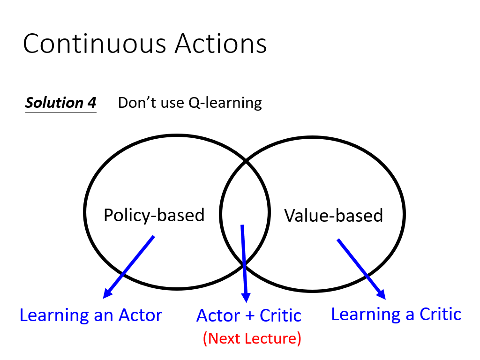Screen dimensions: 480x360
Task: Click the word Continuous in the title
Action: tap(95, 44)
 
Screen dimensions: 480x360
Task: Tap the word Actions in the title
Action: tap(221, 44)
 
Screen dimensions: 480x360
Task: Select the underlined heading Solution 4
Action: tap(60, 103)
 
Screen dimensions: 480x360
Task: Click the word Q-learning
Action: tap(225, 103)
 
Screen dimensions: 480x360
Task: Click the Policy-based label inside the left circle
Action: tap(154, 215)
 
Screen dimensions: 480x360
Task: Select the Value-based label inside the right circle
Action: tap(333, 215)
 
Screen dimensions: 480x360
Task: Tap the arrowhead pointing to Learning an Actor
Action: tap(108, 293)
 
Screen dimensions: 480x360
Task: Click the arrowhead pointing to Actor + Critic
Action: tap(246, 297)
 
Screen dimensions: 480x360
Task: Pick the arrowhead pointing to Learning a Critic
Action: tap(381, 294)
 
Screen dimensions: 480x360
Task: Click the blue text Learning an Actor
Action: tap(90, 315)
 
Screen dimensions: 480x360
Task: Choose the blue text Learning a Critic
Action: tap(396, 315)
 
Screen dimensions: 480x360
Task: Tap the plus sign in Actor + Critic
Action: tap(249, 316)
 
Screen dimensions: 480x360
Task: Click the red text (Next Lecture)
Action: tap(252, 338)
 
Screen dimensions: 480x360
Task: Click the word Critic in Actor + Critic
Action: tap(280, 315)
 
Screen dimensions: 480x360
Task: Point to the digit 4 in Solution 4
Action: tap(92, 103)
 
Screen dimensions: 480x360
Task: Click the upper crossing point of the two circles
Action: tap(246, 160)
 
